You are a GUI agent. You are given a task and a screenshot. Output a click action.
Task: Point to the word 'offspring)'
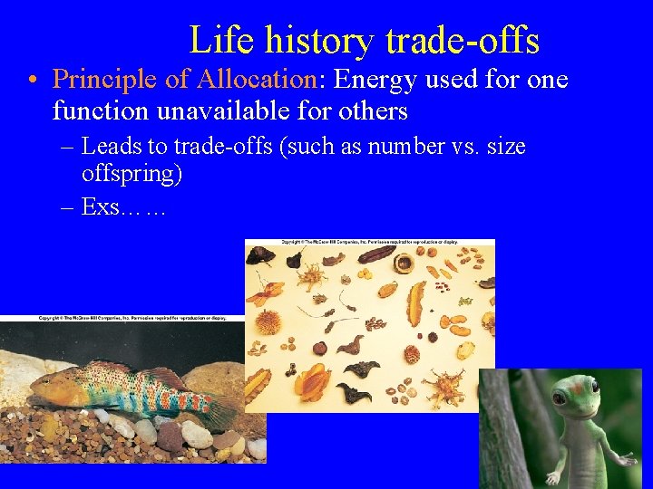tap(132, 174)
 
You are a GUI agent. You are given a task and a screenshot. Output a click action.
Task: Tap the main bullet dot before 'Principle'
tap(32, 81)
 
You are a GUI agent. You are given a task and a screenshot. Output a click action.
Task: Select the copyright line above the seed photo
tap(370, 243)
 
